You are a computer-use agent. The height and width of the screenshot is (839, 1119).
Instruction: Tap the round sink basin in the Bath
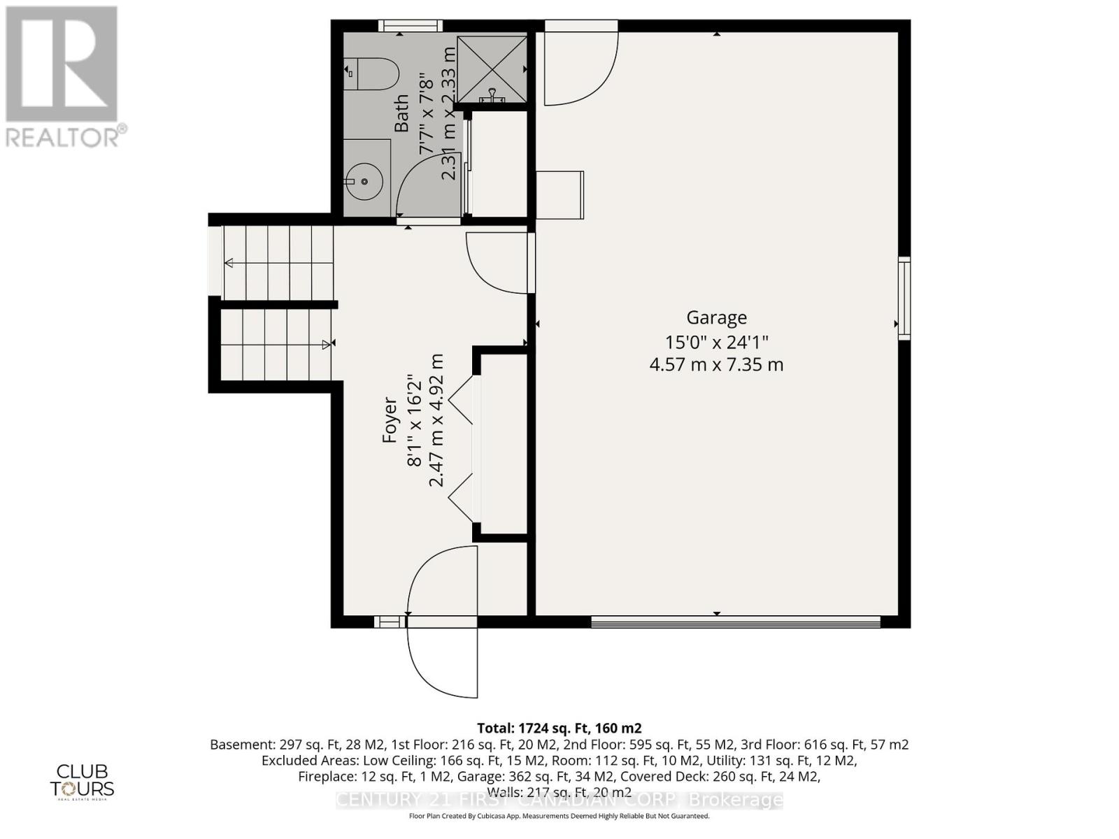(364, 181)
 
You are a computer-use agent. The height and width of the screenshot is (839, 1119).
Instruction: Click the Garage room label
(716, 317)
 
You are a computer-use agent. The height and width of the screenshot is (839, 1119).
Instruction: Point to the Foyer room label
(390, 420)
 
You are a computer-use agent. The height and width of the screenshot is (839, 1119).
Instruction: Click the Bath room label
(401, 113)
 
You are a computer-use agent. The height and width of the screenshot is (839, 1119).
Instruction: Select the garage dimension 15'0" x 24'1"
(716, 342)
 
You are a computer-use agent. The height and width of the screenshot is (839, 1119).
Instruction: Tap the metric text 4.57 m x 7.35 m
(716, 364)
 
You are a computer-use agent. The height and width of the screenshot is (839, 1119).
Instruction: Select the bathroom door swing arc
(426, 184)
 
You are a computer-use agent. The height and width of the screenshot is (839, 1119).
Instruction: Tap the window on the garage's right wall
(904, 299)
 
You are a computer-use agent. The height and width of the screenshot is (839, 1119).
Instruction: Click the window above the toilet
(411, 26)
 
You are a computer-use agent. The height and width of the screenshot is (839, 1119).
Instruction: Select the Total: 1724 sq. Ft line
(559, 728)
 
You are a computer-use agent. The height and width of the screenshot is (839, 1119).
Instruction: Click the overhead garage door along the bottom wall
(734, 620)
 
